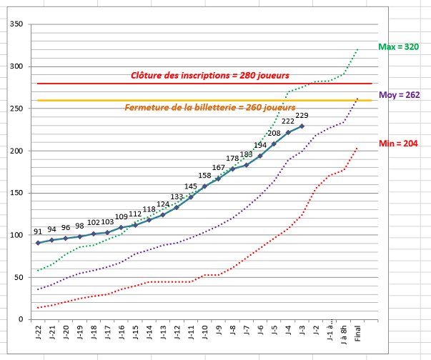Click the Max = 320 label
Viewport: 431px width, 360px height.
[x=398, y=47]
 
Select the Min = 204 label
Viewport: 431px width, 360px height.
[x=398, y=144]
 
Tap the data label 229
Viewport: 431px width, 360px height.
[x=302, y=116]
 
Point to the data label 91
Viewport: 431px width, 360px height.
[x=38, y=232]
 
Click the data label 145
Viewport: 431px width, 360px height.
[x=191, y=186]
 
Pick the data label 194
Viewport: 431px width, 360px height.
[x=260, y=146]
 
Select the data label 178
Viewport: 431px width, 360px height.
[x=232, y=159]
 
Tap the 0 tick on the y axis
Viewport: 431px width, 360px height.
[x=21, y=319]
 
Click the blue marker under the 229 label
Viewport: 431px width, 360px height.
[x=302, y=126]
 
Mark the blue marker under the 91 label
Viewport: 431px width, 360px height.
[x=38, y=243]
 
